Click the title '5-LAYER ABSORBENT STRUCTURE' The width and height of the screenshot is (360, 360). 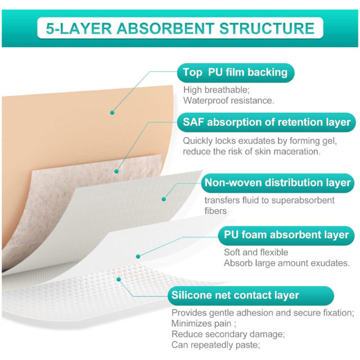point(180,28)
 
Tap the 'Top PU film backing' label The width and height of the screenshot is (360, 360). point(235,73)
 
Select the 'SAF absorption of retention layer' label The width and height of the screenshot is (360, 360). point(266,122)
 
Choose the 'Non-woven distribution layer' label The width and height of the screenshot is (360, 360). point(277,183)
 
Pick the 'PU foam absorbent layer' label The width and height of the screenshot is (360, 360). point(286,235)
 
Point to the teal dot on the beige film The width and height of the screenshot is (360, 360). point(112,112)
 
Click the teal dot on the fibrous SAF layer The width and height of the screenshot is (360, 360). point(116,171)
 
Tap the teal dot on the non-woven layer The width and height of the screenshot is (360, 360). point(164,199)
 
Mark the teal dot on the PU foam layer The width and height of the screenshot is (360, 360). point(138,256)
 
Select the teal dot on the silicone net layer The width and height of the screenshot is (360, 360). point(119,279)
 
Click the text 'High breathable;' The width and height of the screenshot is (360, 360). point(216,90)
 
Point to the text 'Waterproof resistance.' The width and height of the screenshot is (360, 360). point(229,101)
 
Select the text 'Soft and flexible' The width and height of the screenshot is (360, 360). point(256,253)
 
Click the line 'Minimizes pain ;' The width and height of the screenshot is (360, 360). point(204,323)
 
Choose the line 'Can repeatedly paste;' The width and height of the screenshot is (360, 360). point(216,345)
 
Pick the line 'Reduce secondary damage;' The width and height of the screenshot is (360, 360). point(228,334)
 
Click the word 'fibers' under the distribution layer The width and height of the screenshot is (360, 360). point(215,211)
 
